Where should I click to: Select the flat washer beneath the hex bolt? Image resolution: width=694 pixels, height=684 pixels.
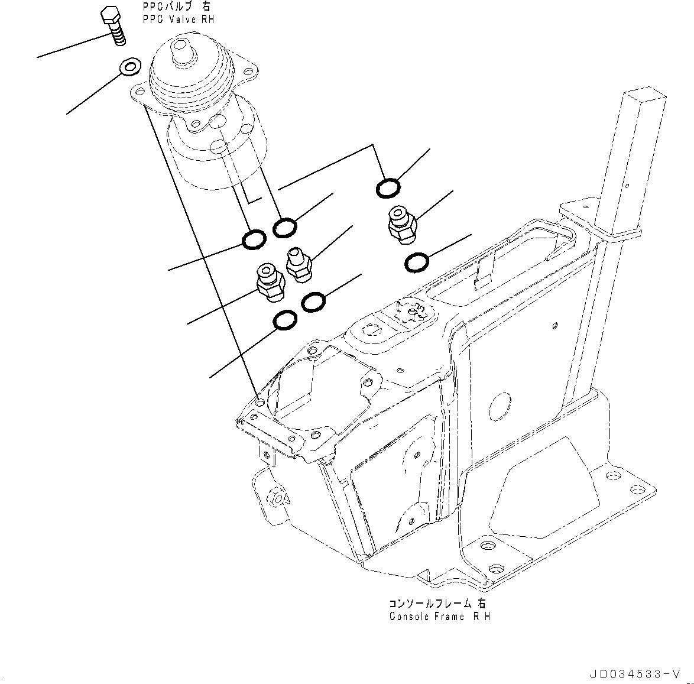click(129, 67)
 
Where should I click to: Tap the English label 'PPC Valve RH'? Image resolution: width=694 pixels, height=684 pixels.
click(178, 20)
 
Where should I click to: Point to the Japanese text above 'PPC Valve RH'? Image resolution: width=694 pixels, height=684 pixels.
click(176, 8)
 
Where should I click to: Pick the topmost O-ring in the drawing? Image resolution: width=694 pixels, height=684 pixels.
click(387, 189)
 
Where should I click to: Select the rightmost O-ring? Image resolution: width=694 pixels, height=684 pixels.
click(417, 262)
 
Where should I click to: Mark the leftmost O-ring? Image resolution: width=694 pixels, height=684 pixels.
click(254, 239)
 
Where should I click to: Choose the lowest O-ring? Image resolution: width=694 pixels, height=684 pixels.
click(286, 320)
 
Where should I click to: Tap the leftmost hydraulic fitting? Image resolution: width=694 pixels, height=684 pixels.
click(270, 281)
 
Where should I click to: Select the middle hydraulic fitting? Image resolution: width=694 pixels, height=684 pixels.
click(297, 264)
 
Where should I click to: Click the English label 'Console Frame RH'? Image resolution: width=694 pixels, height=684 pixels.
click(440, 617)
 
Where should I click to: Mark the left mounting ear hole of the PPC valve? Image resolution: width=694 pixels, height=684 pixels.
click(140, 92)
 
